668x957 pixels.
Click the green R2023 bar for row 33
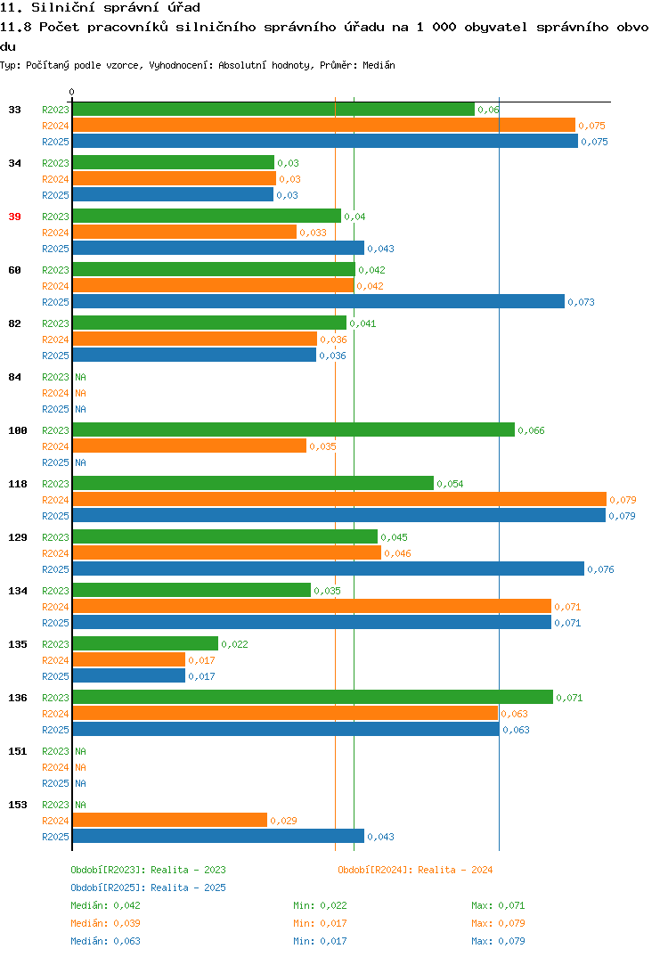(273, 110)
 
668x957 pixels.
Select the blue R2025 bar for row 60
(319, 301)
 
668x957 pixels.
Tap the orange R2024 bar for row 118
(339, 499)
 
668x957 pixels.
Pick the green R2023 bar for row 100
(293, 429)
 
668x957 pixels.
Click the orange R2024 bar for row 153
(169, 821)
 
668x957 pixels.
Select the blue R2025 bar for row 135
(129, 675)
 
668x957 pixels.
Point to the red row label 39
(14, 217)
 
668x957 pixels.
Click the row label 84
(14, 377)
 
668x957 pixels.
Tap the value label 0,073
(581, 302)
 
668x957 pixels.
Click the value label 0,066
(531, 430)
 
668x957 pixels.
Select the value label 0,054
(450, 484)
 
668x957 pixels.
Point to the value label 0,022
(234, 644)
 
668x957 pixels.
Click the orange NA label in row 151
(80, 767)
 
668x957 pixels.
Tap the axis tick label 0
(71, 92)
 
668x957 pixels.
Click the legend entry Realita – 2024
(455, 870)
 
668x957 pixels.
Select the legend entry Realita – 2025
(188, 887)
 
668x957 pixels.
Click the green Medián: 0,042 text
(105, 905)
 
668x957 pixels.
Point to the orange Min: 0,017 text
(320, 923)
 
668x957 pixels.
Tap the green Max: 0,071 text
(498, 905)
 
